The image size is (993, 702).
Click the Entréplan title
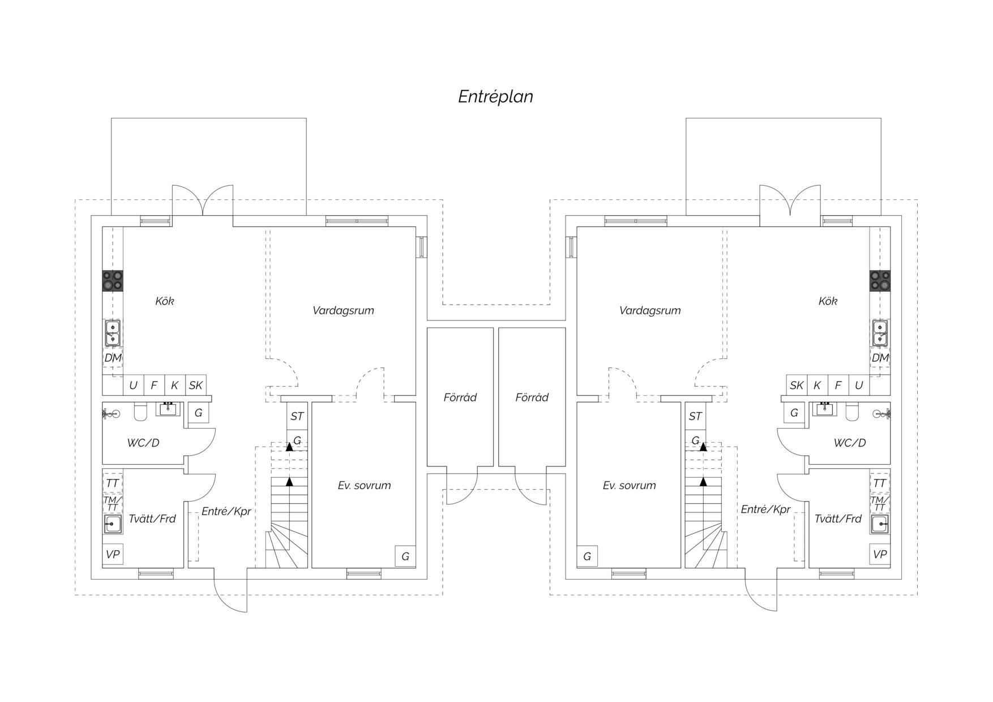click(495, 96)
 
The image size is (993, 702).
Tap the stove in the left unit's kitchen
click(113, 281)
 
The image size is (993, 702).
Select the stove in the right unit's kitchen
click(880, 281)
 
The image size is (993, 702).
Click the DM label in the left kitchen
click(113, 358)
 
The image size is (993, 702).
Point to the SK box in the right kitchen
click(797, 385)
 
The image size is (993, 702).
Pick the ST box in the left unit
click(297, 416)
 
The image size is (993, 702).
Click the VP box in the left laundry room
click(113, 554)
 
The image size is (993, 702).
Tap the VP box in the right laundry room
click(880, 554)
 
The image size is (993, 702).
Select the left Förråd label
click(460, 397)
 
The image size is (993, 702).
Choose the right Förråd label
click(532, 397)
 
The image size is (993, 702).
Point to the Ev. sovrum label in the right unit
click(629, 485)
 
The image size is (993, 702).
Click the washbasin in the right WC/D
click(824, 409)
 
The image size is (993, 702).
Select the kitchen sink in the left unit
click(113, 333)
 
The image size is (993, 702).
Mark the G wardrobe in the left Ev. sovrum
click(405, 556)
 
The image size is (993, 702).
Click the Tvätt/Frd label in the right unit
click(838, 519)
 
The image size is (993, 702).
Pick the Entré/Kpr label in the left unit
click(226, 511)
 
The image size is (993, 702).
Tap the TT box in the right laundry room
click(880, 483)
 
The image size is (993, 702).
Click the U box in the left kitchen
click(134, 385)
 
